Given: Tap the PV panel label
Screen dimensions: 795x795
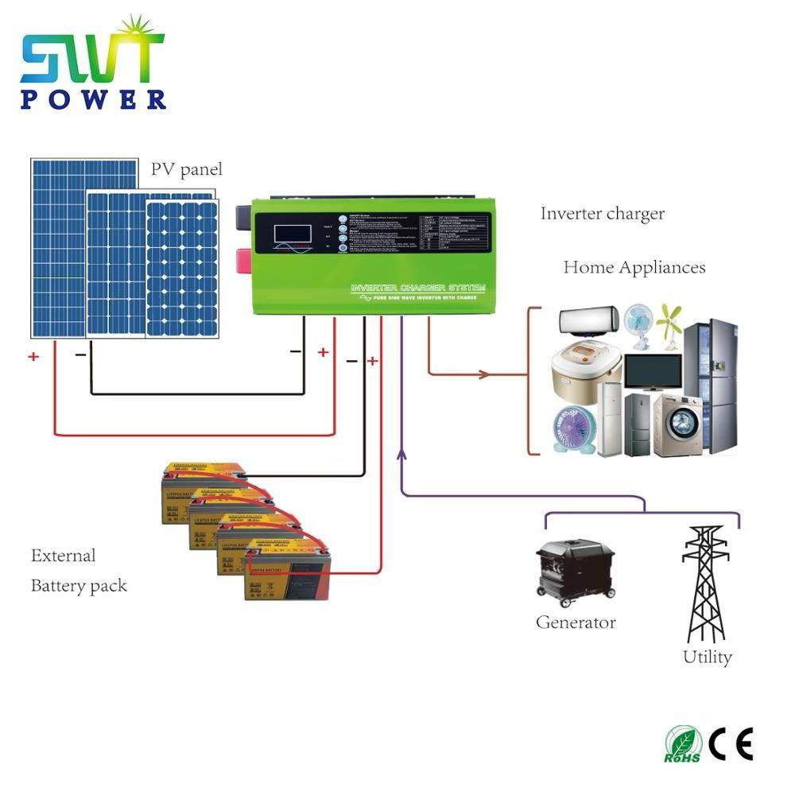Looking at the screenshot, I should click(x=187, y=169).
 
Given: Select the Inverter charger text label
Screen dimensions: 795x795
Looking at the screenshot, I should click(x=602, y=214).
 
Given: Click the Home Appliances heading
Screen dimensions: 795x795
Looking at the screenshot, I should click(x=634, y=267).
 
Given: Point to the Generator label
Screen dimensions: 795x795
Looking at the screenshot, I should click(x=576, y=622).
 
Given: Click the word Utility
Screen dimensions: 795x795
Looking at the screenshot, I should click(x=707, y=657).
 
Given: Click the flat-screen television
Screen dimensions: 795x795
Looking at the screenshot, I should click(x=652, y=372).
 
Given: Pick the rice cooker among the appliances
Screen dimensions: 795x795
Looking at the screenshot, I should click(x=585, y=370).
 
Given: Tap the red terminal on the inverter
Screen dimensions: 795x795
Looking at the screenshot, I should click(x=241, y=259).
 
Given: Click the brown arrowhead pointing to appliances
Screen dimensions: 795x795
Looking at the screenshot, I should click(x=484, y=373).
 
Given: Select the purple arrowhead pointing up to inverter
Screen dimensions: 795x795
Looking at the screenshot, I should click(x=402, y=455).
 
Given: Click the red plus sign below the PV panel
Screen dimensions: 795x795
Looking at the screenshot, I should click(x=33, y=357).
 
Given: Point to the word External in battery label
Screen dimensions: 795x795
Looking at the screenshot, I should click(x=63, y=556).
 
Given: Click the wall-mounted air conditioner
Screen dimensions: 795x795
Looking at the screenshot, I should click(x=589, y=322).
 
